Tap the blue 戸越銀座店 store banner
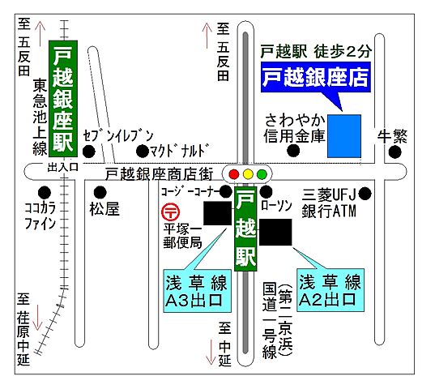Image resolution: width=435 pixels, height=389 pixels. coord(314,79)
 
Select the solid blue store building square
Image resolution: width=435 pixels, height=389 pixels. coord(344,135)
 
